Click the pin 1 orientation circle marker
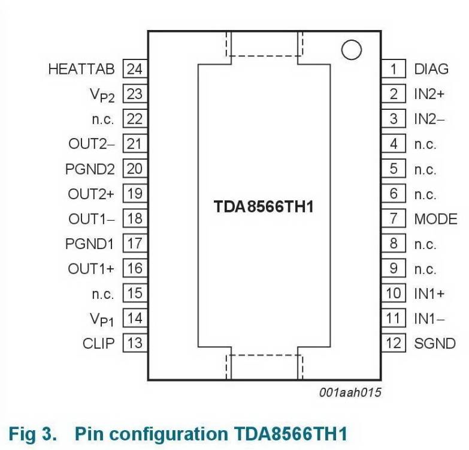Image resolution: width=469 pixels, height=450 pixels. (x=352, y=50)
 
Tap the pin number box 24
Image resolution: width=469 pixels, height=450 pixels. (x=135, y=69)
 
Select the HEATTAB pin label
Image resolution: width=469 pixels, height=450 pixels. (x=81, y=69)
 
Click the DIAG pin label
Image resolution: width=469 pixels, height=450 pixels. (x=431, y=69)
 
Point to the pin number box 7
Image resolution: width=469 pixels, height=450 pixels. (x=394, y=219)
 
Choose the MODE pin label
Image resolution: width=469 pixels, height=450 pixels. (x=435, y=219)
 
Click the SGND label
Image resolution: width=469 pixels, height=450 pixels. (x=435, y=344)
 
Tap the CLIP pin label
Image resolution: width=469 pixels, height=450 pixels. (x=98, y=344)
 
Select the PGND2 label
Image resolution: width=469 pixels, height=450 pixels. (x=90, y=169)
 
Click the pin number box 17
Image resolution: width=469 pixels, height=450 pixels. (x=135, y=244)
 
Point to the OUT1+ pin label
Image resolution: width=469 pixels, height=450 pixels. (x=91, y=269)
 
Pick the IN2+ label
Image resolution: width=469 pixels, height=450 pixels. (x=429, y=94)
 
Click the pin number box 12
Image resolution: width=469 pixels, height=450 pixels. (x=394, y=344)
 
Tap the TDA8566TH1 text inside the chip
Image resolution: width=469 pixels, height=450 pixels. (x=264, y=207)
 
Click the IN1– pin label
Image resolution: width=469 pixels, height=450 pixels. (x=429, y=319)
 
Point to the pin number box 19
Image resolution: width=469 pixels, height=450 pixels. (x=135, y=194)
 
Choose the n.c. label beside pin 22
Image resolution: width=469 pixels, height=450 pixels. (x=103, y=119)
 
